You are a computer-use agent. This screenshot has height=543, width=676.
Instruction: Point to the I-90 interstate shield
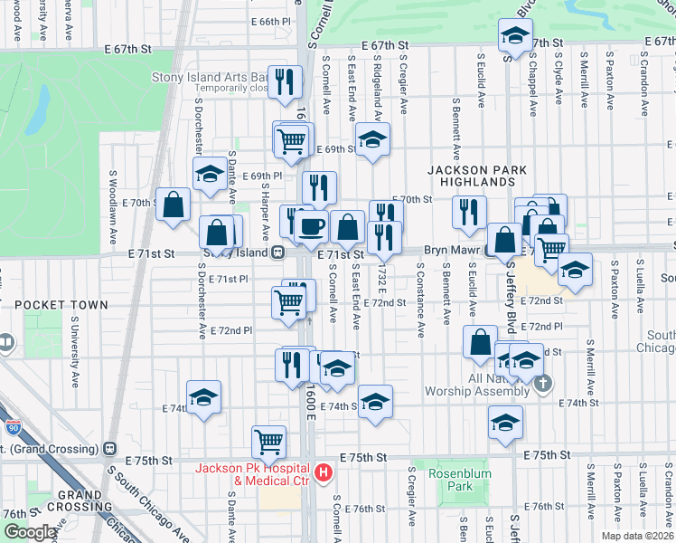pyautogui.click(x=13, y=426)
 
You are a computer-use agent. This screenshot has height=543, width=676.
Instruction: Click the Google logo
pyautogui.click(x=29, y=533)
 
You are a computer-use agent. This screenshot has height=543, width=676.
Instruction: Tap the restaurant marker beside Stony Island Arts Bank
pyautogui.click(x=287, y=81)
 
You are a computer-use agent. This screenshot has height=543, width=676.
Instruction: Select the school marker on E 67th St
pyautogui.click(x=515, y=36)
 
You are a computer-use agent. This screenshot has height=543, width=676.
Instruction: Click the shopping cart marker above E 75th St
pyautogui.click(x=268, y=442)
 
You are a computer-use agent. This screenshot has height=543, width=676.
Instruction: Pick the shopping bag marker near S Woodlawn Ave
pyautogui.click(x=172, y=204)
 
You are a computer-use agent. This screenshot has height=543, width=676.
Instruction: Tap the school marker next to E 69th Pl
pyautogui.click(x=209, y=173)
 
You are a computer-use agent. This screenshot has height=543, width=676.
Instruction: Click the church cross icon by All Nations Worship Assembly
pyautogui.click(x=542, y=384)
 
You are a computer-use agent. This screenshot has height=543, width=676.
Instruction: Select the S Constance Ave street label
pyautogui.click(x=419, y=295)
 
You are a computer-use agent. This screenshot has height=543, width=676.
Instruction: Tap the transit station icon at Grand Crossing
pyautogui.click(x=110, y=447)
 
